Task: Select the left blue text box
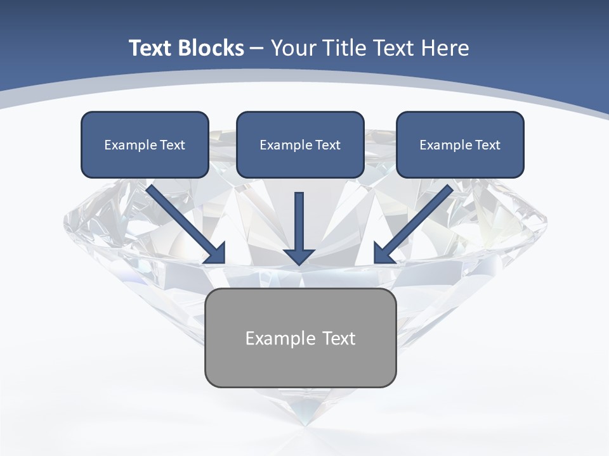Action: pyautogui.click(x=145, y=144)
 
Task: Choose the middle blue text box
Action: pyautogui.click(x=300, y=144)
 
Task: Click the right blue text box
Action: pyautogui.click(x=460, y=144)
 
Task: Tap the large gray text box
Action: pyautogui.click(x=300, y=338)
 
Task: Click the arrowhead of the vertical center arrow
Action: pyautogui.click(x=299, y=256)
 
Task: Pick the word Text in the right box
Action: pyautogui.click(x=488, y=145)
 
